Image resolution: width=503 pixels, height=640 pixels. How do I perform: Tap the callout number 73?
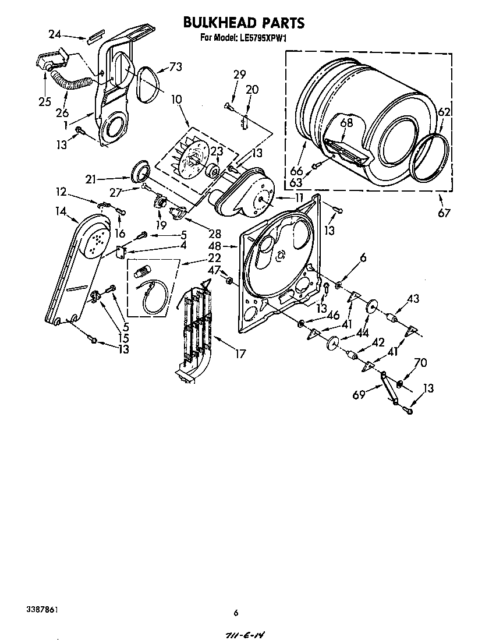(175, 67)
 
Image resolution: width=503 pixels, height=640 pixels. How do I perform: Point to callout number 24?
(55, 34)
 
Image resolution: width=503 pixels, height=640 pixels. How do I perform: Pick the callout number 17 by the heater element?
(239, 353)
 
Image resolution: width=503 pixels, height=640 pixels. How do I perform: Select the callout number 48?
(214, 246)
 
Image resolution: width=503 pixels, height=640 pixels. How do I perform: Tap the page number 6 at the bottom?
(236, 613)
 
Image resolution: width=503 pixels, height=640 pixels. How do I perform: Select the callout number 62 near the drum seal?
(444, 112)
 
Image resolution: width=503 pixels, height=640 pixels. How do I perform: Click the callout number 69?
(359, 395)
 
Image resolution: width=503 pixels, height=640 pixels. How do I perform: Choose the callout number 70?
(420, 363)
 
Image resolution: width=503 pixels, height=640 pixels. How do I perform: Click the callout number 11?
(299, 198)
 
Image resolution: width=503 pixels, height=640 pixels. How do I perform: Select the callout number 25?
(45, 102)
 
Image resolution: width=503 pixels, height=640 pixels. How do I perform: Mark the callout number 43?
(413, 299)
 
